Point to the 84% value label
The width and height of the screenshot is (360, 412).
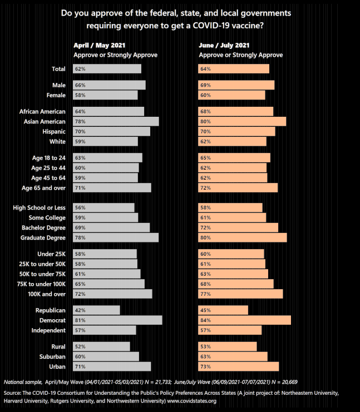pos(205,320)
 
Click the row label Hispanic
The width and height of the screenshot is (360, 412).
pos(54,131)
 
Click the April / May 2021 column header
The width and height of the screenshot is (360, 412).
pos(98,44)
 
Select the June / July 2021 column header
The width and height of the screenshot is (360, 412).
pos(224,44)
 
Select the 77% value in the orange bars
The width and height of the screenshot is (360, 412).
pos(205,293)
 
